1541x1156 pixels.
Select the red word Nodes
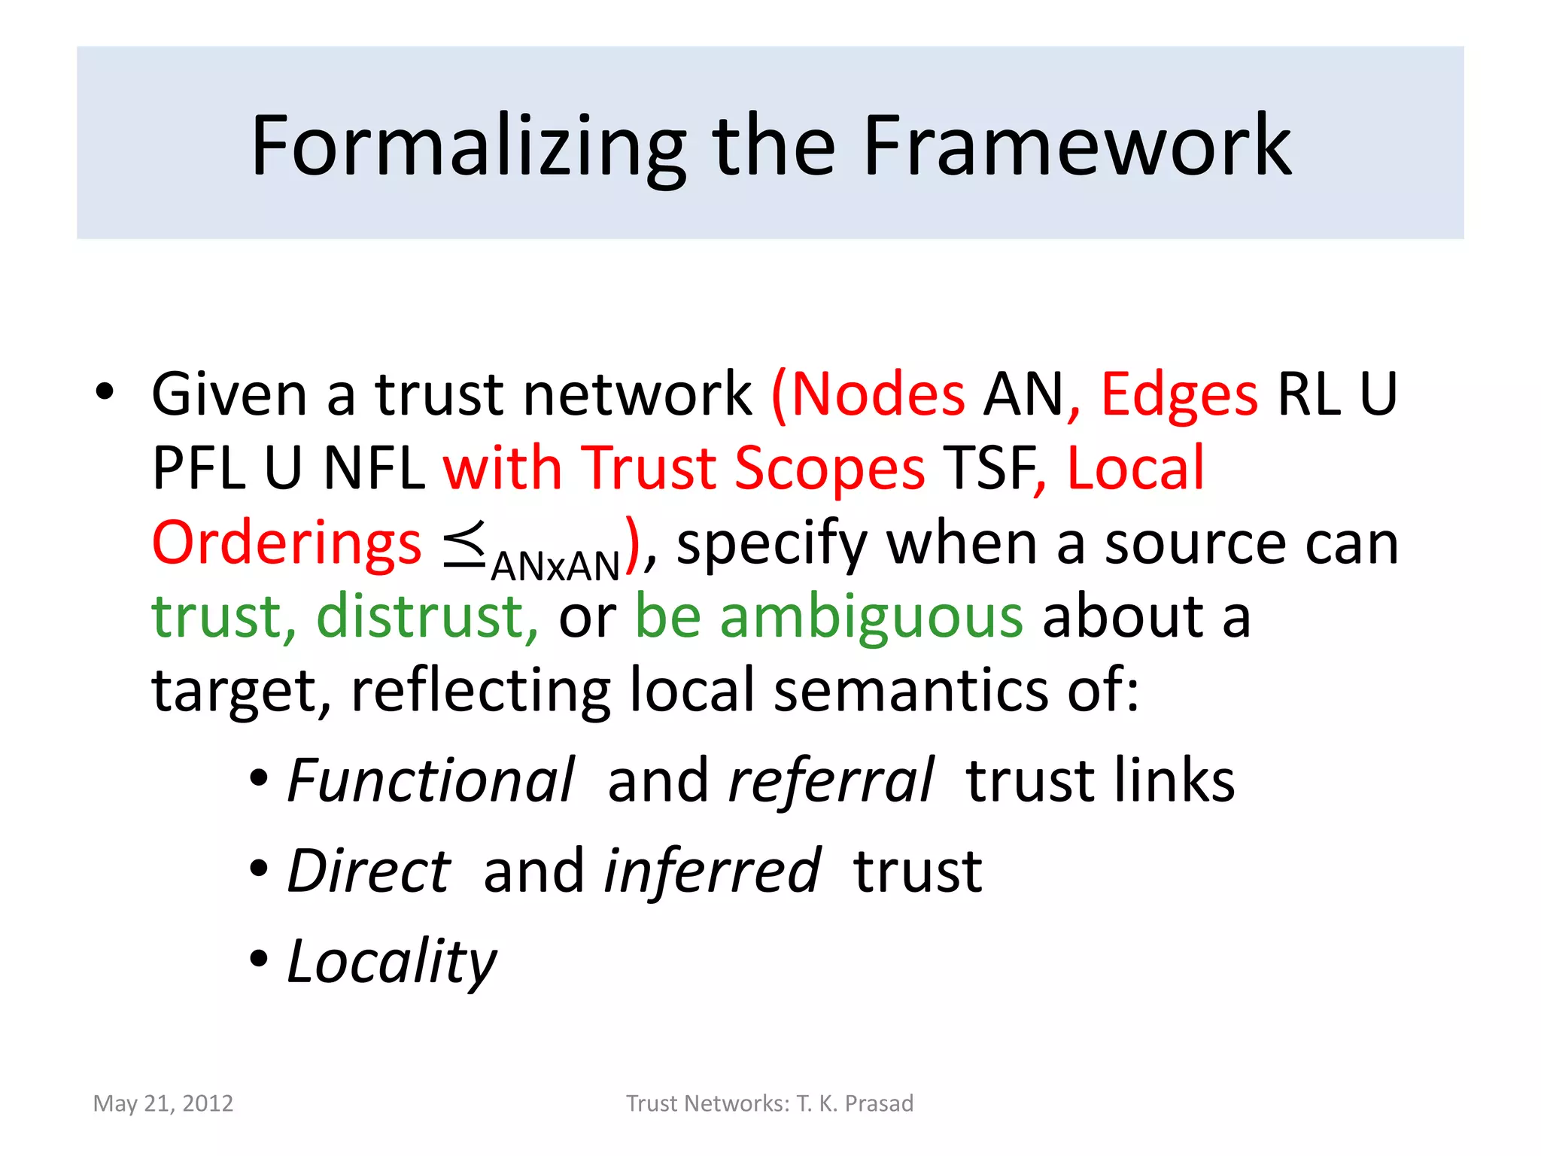[878, 394]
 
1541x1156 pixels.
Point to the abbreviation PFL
[199, 468]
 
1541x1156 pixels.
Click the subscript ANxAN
[555, 566]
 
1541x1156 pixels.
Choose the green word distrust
[427, 616]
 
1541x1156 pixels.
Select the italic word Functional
[431, 780]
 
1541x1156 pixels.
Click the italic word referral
[831, 780]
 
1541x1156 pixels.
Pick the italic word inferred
[712, 871]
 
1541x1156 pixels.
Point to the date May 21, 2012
[163, 1103]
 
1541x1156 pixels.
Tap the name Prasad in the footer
[879, 1103]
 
